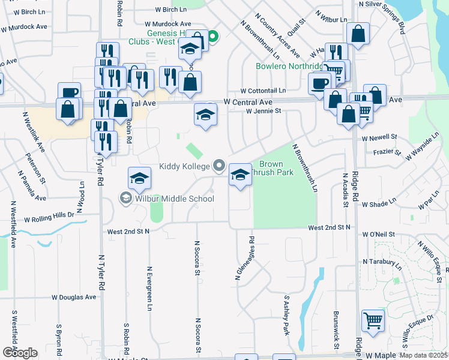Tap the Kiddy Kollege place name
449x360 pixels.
coord(184,166)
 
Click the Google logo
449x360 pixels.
coord(20,353)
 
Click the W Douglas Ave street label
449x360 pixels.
coord(74,297)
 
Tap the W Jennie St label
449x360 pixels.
coord(264,111)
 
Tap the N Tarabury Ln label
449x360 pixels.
coord(382,262)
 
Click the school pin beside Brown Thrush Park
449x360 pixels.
coord(240,175)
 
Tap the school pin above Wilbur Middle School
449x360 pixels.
coord(139,178)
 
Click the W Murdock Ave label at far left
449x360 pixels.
coord(24,27)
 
